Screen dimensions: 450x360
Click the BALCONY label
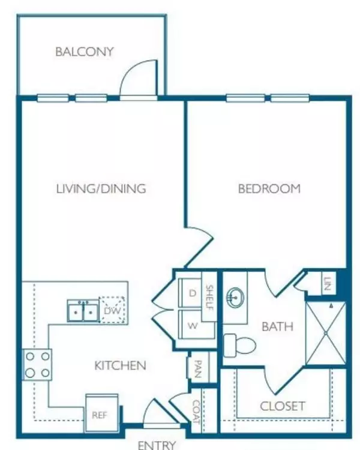click(84, 52)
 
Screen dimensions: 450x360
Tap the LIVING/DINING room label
click(101, 189)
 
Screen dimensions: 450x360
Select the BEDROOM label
click(269, 189)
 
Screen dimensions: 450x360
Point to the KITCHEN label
click(120, 365)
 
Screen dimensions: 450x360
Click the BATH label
click(277, 327)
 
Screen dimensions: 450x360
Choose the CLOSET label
click(282, 406)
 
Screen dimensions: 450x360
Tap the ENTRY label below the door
click(157, 445)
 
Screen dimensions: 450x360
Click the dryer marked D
click(192, 293)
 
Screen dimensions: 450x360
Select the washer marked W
click(192, 326)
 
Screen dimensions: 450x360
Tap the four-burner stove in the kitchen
click(37, 365)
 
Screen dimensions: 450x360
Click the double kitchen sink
click(83, 310)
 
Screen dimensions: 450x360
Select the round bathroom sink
click(234, 296)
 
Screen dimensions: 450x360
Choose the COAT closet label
click(196, 413)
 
